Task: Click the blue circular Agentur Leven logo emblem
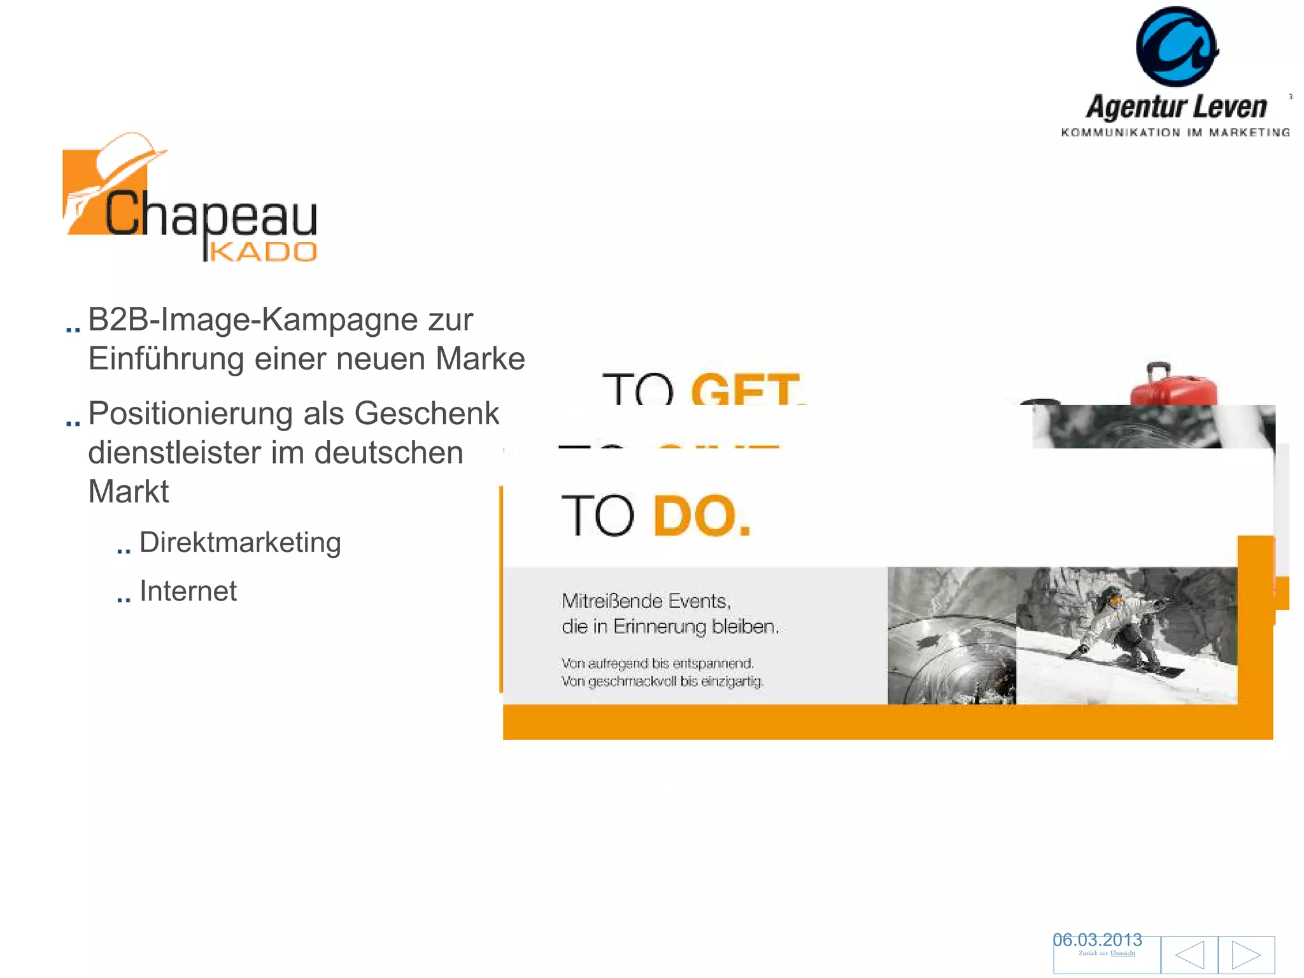coord(1177,46)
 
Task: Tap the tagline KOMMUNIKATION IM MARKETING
coord(1175,132)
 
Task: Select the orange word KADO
coord(263,252)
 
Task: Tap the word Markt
coord(128,492)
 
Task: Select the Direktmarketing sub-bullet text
coord(240,542)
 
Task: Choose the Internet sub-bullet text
coord(188,591)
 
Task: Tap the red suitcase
coord(1173,385)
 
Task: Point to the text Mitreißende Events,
coord(646,600)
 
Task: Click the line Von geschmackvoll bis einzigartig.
coord(662,681)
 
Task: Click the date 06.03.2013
coord(1097,940)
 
